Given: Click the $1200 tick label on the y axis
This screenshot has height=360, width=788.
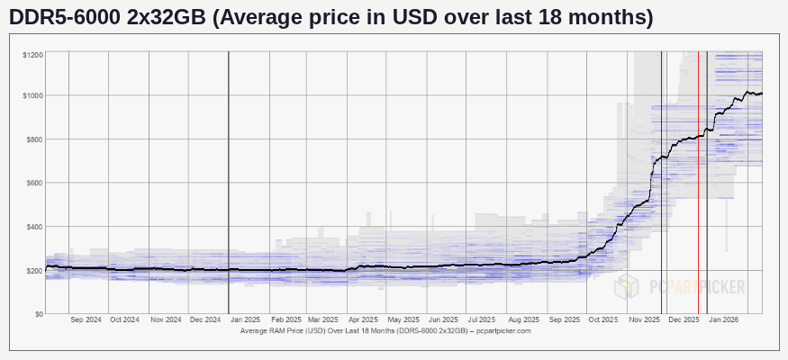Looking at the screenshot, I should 33,56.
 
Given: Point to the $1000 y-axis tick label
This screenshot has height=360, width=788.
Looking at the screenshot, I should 33,95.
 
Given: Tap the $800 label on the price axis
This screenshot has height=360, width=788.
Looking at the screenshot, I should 34,139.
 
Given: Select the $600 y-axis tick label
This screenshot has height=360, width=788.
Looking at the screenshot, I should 34,183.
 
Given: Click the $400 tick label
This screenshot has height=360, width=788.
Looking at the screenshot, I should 34,227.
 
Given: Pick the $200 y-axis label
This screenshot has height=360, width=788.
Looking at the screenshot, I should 34,270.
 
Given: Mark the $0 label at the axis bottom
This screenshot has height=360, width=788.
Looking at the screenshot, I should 38,314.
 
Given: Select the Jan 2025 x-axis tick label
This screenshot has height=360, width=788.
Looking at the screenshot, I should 245,319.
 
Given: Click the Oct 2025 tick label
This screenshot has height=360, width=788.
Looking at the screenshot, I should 603,319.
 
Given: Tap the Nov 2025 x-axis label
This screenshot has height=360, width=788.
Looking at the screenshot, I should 645,319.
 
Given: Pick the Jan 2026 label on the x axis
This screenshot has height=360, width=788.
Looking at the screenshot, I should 724,319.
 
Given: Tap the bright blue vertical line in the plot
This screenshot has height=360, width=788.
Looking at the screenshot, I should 662,180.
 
